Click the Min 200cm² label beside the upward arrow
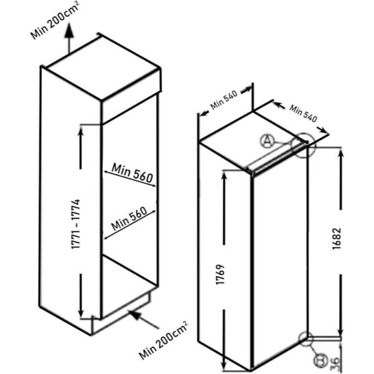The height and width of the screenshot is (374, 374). (x=54, y=20)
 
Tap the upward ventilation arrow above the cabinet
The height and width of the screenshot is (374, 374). (x=69, y=37)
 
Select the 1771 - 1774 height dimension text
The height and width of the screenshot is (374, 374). (x=75, y=224)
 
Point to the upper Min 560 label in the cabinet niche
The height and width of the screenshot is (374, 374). (x=132, y=172)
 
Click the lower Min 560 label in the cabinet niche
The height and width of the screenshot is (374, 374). (x=129, y=218)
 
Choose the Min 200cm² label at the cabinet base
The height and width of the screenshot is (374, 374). (x=163, y=340)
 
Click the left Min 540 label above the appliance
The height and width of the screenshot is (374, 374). (x=224, y=100)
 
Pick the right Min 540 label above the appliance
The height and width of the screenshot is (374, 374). (x=304, y=113)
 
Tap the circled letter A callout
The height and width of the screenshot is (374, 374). (x=266, y=141)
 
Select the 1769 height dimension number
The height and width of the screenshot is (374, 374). (x=220, y=274)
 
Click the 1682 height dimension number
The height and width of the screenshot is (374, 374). (x=337, y=239)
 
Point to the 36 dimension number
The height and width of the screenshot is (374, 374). (x=335, y=363)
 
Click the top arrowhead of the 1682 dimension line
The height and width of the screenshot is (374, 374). (x=341, y=153)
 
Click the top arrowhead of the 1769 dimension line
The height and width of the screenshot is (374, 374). (x=224, y=177)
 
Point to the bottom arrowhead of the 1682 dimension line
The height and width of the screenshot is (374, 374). (x=341, y=332)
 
